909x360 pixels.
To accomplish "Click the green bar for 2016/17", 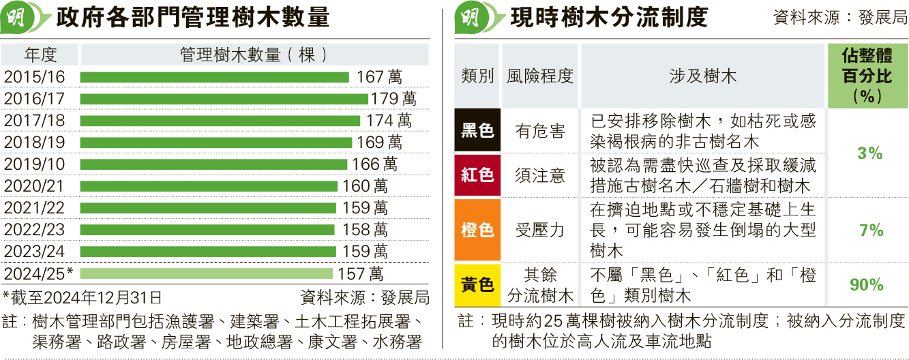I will point(224,99).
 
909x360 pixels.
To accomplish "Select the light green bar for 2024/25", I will point(207,273).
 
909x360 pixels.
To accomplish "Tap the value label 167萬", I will point(379,77).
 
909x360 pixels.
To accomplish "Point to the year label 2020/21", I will point(34,186).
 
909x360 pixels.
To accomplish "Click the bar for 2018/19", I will point(216,142).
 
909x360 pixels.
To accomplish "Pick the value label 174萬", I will point(389,121).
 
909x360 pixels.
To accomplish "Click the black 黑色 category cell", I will point(477,130).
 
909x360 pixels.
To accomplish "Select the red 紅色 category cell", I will point(477,175).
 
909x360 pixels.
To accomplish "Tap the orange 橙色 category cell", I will point(477,230).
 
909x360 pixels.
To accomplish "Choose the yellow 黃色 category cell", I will point(477,284).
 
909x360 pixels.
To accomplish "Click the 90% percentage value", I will point(867,285).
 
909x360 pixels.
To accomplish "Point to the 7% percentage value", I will point(871,230).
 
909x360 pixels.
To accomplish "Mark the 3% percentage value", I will point(870,153).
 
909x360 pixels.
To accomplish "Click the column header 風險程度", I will point(539,76).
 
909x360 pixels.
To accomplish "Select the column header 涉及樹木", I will point(702,76).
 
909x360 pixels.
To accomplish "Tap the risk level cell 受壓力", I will point(539,230).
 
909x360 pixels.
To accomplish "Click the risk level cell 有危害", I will point(539,131).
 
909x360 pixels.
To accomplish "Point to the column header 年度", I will point(40,55).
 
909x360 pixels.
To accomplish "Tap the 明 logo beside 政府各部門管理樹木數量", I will point(20,18).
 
